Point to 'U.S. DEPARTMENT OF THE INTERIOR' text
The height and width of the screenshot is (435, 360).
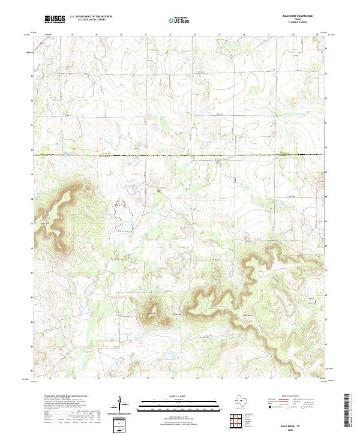click(x=91, y=17)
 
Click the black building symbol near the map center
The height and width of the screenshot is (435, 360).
click(x=160, y=190)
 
